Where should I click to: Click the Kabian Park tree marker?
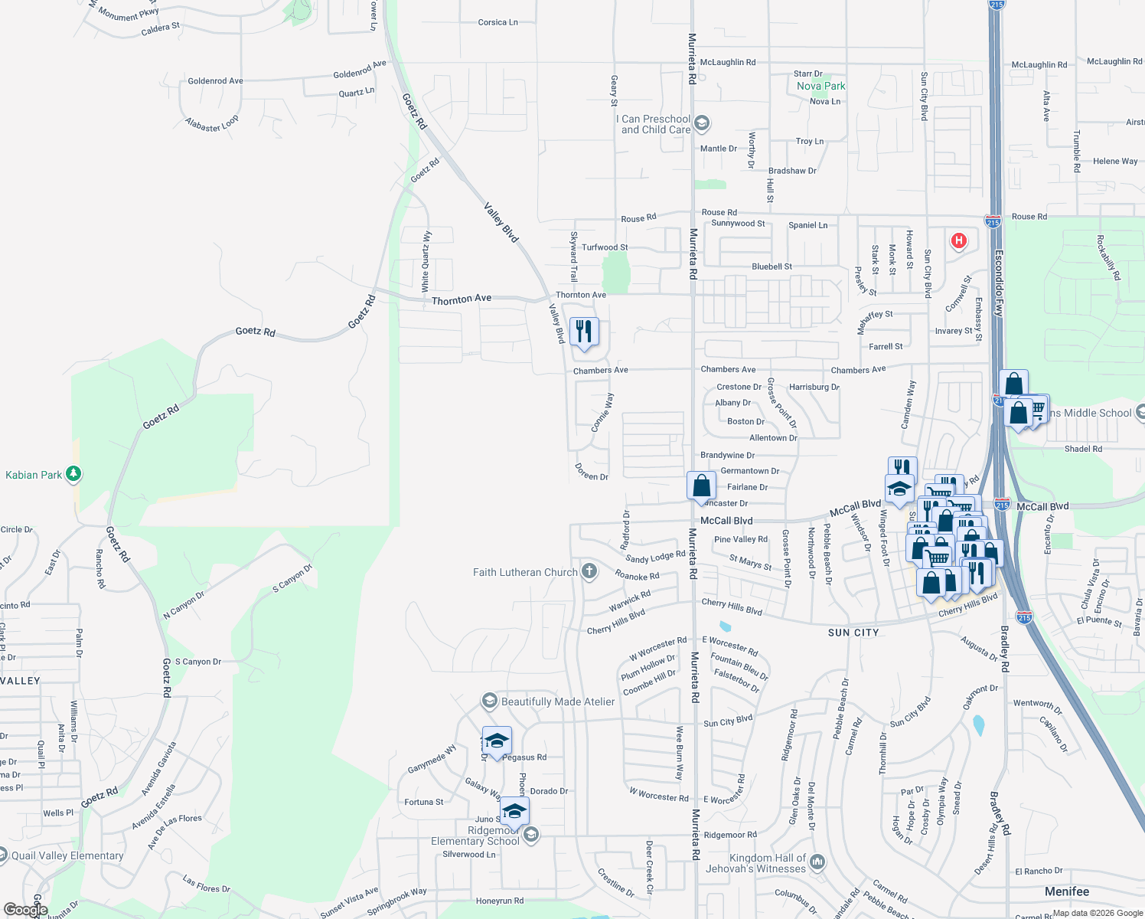coord(73,474)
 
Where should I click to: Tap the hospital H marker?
coord(957,241)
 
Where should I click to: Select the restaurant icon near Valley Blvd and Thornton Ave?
coord(584,332)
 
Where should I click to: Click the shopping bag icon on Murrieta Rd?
coord(701,486)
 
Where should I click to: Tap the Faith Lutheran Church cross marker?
coord(589,571)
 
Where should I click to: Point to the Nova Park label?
coord(820,86)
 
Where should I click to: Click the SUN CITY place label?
coord(853,633)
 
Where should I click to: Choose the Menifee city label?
coord(1067,891)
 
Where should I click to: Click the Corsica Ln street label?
coord(497,22)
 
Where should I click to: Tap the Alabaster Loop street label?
coord(212,124)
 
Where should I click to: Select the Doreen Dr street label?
coord(592,473)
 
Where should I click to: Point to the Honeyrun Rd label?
coord(500,901)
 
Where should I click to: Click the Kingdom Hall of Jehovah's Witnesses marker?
coord(817,862)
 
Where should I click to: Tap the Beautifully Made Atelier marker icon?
coord(489,702)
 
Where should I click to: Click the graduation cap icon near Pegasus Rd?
coord(497,741)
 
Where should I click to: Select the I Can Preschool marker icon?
coord(702,123)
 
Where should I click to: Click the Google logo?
coord(26,910)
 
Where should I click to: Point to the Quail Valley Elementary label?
coord(67,855)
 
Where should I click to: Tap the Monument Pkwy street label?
coord(129,13)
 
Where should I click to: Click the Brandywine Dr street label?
coord(727,455)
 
